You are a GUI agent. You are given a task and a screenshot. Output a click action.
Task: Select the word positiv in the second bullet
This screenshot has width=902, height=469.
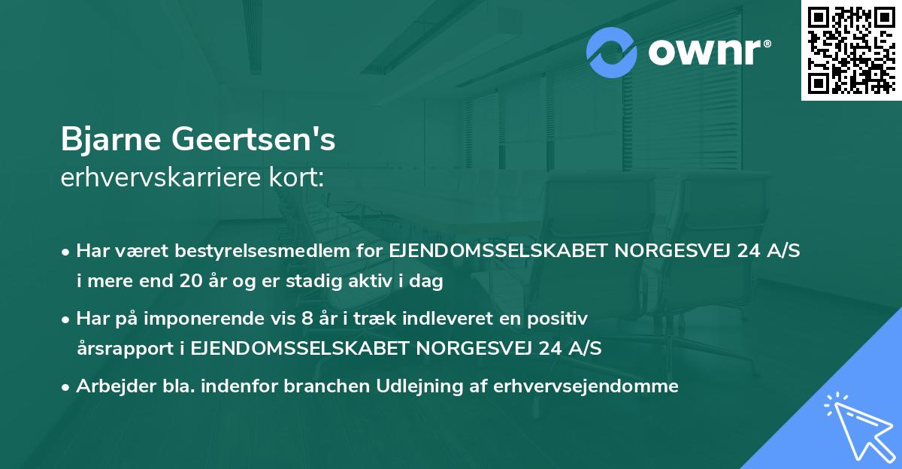coord(564,319)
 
